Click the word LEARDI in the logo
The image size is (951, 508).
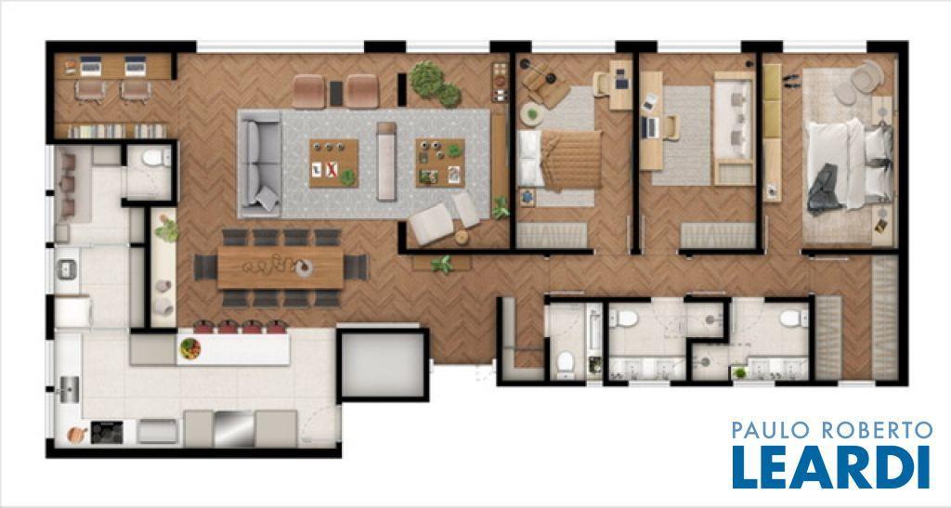point(831,467)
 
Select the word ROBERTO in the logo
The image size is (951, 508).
point(877,430)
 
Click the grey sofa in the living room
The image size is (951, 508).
point(260,163)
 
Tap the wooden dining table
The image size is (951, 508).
point(280,267)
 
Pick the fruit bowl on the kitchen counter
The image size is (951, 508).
point(189,348)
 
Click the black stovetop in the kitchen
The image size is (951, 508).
point(107,432)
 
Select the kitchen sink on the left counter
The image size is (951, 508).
point(69,389)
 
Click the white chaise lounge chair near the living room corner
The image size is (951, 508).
point(431,223)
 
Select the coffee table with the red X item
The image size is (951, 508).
point(333,163)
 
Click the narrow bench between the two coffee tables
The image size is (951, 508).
point(386,162)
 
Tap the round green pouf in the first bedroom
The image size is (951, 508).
point(532,114)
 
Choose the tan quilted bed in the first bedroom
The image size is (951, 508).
point(560,159)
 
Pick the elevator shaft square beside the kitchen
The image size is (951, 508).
point(383,365)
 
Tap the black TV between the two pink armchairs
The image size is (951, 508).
point(336,94)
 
